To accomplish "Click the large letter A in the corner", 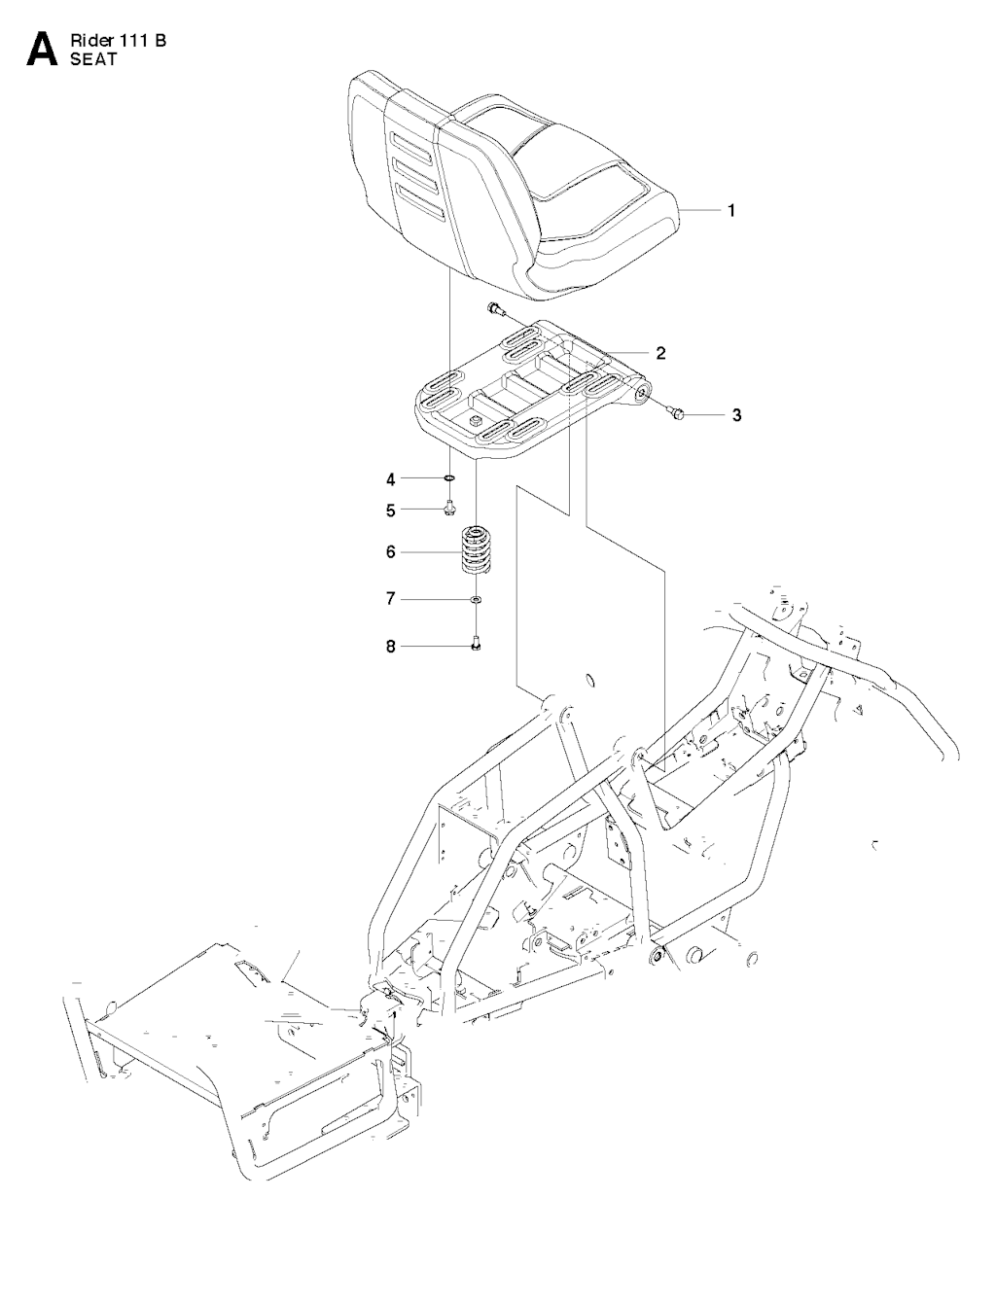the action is coord(42,49).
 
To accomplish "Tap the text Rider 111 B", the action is coord(119,41).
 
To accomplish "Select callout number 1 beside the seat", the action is coord(731,210).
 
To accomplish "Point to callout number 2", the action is coord(660,353).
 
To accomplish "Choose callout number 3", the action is coord(736,414).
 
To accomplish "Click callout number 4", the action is coord(390,479).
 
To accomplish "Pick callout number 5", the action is coord(390,511).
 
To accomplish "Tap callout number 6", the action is coord(390,552).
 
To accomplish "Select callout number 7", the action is coord(390,598).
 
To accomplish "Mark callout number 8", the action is coord(390,646).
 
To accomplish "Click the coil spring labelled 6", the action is coord(477,549).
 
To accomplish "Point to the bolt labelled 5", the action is coord(450,510).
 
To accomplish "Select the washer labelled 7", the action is coord(476,599).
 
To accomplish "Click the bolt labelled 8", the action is coord(476,644).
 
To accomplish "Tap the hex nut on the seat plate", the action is coord(475,421).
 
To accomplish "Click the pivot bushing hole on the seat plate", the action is coord(643,393).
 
